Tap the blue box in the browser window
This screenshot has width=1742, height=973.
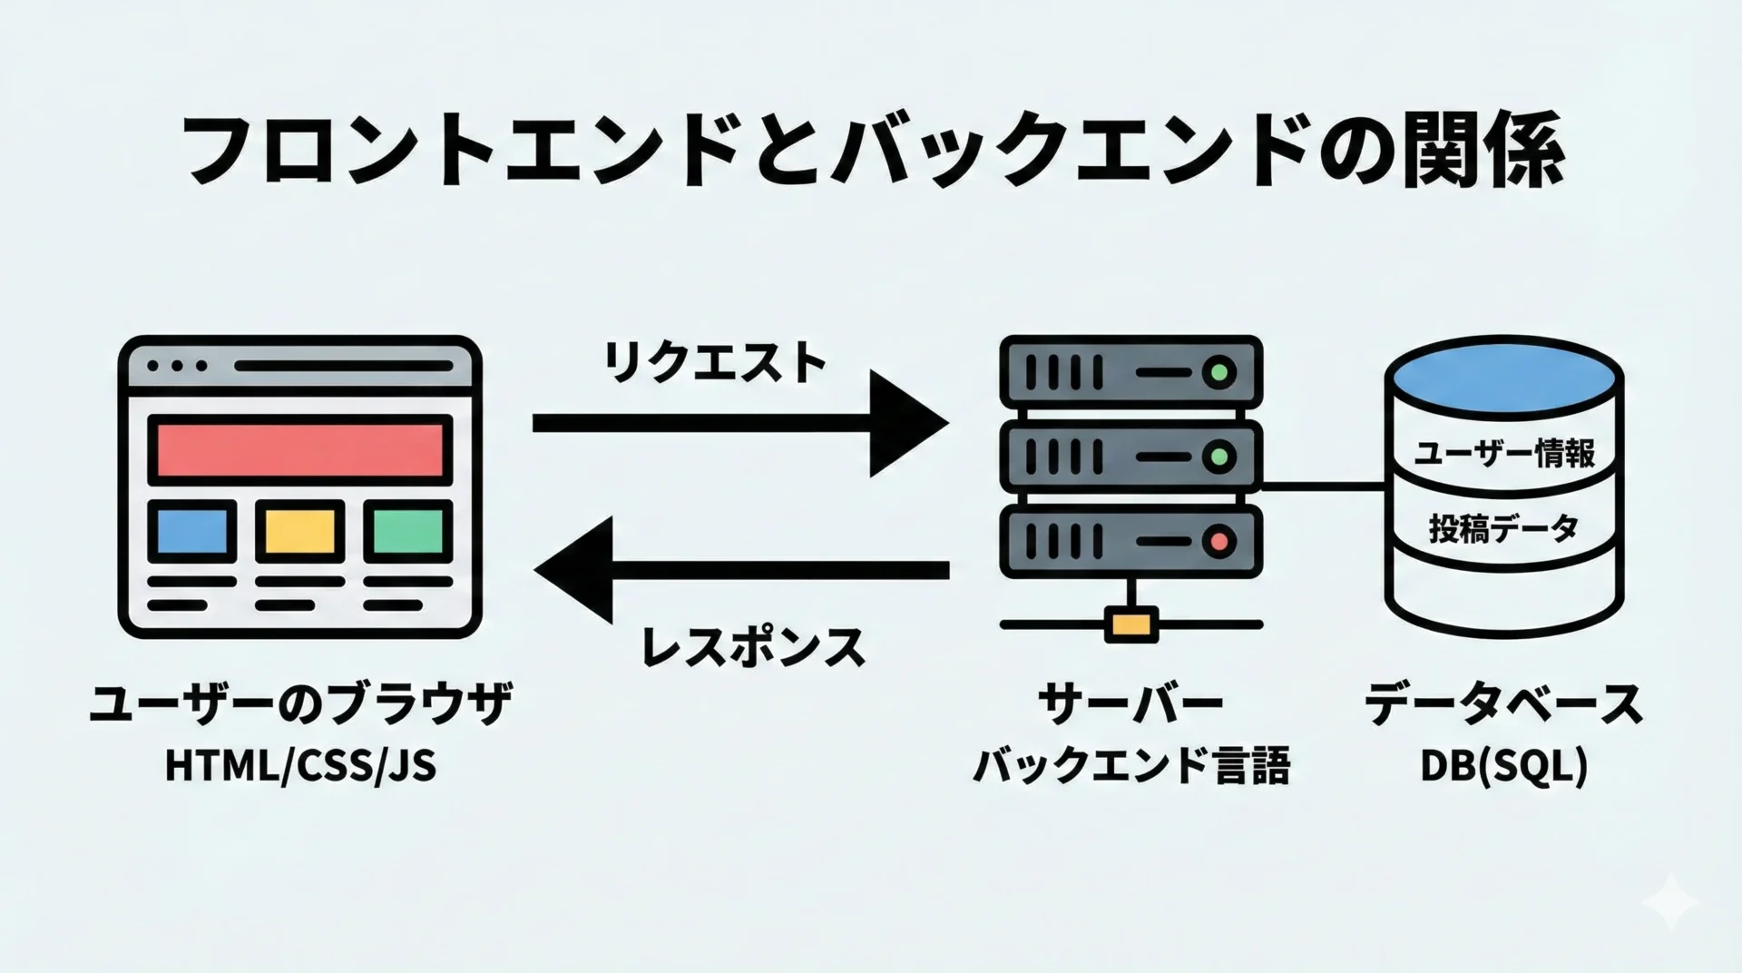[192, 531]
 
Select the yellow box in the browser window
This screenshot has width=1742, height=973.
[300, 531]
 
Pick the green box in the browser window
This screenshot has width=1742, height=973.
[408, 531]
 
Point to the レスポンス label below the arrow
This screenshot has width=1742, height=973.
[753, 648]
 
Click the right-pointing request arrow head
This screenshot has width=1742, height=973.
[907, 423]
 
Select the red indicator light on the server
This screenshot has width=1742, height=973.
[1219, 542]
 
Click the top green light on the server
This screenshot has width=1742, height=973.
[1219, 372]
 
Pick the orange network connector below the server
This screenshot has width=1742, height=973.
[1131, 625]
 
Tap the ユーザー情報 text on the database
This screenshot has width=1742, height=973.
[1504, 453]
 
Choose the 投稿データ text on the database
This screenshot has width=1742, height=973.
[1504, 527]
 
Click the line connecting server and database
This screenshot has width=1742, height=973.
[1323, 487]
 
